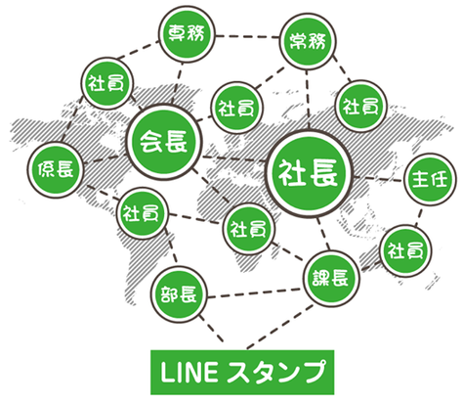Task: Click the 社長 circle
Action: [309, 173]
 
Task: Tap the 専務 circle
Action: [187, 33]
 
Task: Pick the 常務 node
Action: [308, 42]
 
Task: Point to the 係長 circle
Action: [56, 169]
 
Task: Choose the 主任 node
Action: [430, 179]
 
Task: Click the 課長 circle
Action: [330, 278]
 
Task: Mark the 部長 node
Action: [179, 294]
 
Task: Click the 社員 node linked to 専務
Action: [107, 83]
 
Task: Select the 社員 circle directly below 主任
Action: [405, 251]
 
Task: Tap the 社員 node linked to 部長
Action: [143, 213]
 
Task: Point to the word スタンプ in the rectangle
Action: [276, 372]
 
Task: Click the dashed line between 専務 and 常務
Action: [247, 36]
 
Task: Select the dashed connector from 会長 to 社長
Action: [233, 158]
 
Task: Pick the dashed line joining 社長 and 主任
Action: [379, 178]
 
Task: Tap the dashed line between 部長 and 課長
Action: [255, 292]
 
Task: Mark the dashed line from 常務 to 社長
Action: [308, 100]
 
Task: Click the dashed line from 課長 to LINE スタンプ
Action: [280, 327]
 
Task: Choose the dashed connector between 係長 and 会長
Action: [105, 159]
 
